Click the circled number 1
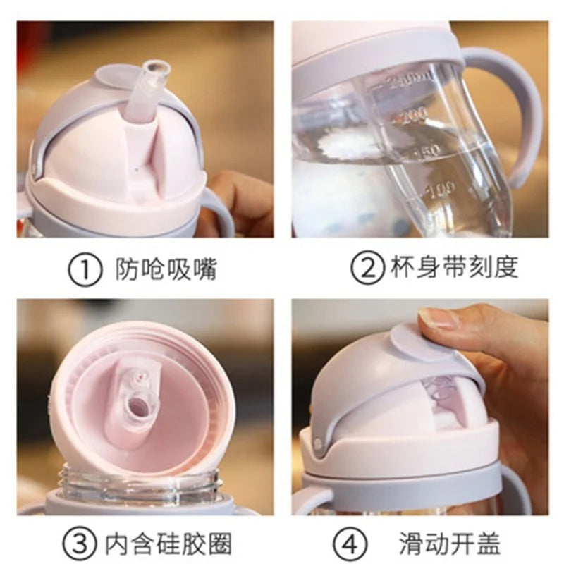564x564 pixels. click(x=85, y=270)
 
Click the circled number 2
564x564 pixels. click(x=367, y=268)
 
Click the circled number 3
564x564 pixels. click(x=79, y=544)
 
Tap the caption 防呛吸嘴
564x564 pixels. click(x=166, y=269)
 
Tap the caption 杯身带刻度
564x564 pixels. click(x=454, y=267)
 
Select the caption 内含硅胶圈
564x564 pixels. click(x=168, y=544)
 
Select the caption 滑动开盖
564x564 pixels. click(x=450, y=544)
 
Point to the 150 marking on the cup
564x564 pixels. click(x=427, y=152)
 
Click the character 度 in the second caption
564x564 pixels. click(x=505, y=267)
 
